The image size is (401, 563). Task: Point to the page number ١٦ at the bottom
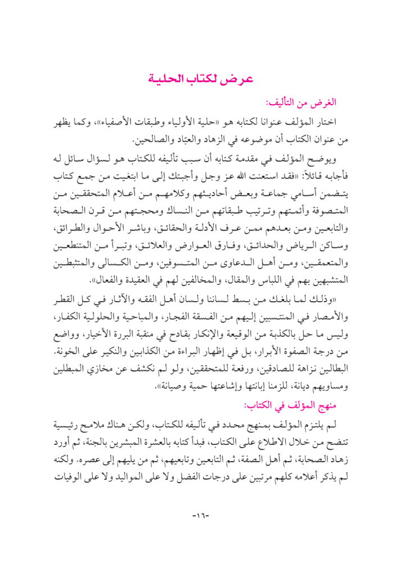(x=200, y=515)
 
